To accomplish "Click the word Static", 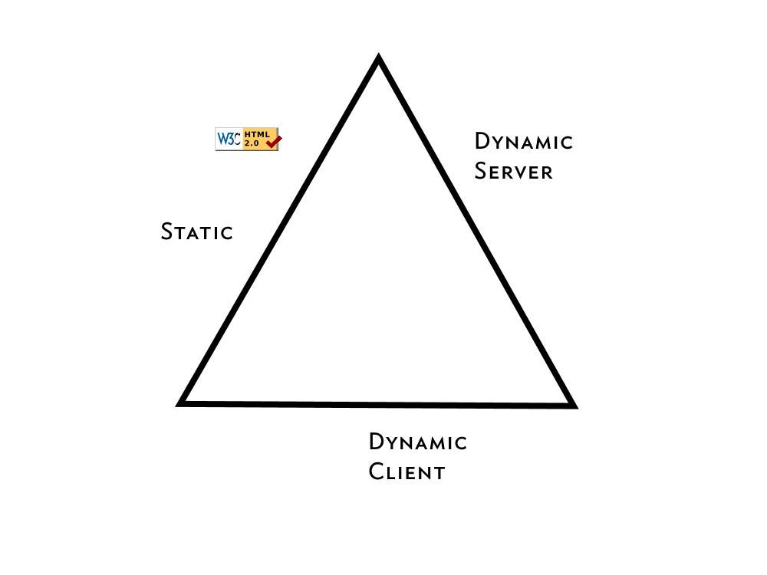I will (x=197, y=232).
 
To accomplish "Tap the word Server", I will (x=513, y=171).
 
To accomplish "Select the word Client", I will (x=407, y=472).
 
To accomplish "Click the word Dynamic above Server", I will (x=524, y=142).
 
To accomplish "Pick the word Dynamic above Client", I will (x=418, y=442).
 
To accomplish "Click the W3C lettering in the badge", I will (x=229, y=139).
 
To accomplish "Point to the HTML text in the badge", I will (x=257, y=134).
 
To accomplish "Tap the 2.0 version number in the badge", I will (x=252, y=143).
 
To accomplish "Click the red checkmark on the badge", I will (x=274, y=140).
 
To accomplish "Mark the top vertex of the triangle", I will (x=378, y=59).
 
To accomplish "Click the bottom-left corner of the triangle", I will (x=182, y=402).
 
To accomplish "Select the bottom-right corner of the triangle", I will (x=572, y=404).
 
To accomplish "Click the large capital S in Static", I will (x=168, y=231).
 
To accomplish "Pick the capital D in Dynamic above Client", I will (x=377, y=442).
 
